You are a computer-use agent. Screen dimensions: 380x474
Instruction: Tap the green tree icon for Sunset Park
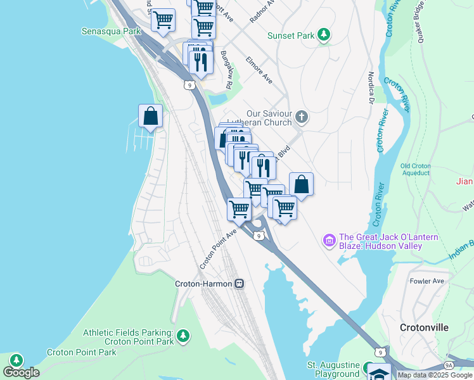point(324,35)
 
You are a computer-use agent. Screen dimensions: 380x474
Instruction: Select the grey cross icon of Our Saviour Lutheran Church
point(302,117)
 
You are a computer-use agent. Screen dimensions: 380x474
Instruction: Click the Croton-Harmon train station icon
point(239,284)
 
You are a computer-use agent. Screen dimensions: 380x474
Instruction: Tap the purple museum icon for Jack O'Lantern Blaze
point(329,240)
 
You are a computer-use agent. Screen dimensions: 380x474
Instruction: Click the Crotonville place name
point(424,327)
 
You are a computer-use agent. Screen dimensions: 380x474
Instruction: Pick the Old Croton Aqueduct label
point(416,170)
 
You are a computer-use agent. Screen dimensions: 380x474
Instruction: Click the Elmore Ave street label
point(259,72)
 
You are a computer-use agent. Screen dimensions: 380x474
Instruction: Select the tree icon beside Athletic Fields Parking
point(183,336)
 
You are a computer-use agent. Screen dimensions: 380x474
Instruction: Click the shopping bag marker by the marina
point(150,116)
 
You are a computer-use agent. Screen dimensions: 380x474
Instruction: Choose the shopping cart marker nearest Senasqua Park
point(163,20)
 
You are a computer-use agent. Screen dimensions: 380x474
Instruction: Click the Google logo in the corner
point(21,372)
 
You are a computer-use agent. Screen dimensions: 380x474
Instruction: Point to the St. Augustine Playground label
point(333,370)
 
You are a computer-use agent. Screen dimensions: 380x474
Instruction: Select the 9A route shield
point(449,365)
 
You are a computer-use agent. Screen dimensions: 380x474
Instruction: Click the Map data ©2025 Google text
point(435,375)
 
